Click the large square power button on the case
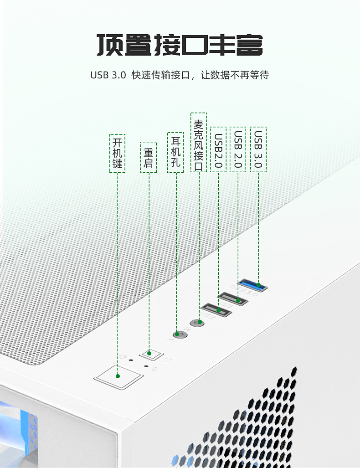pos(118,376)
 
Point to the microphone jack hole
pos(198,323)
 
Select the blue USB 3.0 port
pos(253,286)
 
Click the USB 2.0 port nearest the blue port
pos(233,299)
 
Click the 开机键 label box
pos(117,153)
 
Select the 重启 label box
pos(148,157)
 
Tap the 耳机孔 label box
pos(175,152)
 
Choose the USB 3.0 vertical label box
pos(258,149)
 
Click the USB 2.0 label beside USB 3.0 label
pos(238,149)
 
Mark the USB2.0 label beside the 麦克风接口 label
pos(218,149)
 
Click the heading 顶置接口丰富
pos(180,46)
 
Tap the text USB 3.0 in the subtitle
pos(108,75)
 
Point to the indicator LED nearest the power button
pos(131,360)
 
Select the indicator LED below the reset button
pos(146,365)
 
